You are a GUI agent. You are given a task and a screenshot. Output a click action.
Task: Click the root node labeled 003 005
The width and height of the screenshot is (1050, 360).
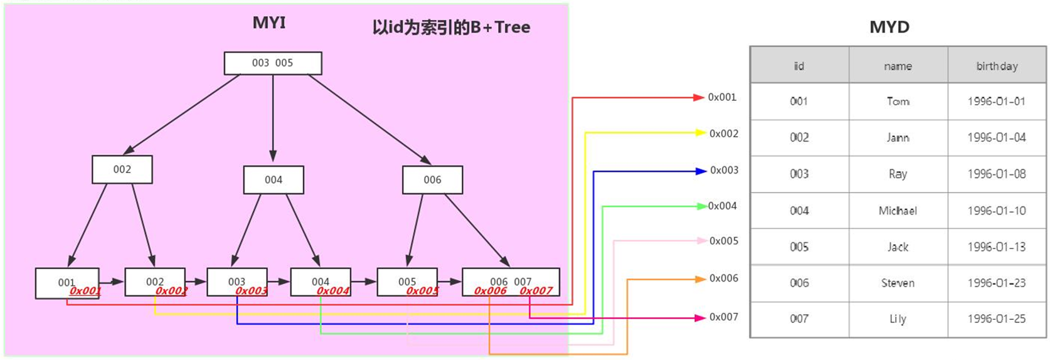pos(273,63)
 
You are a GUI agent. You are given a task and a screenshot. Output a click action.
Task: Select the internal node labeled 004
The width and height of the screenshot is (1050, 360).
pos(273,180)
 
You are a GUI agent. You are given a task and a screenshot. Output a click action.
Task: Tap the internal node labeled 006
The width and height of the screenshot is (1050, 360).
pos(432,180)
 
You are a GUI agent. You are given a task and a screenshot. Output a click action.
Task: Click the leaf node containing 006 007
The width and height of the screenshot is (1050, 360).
pos(511,282)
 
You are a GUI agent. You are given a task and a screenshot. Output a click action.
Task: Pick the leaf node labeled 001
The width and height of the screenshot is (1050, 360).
pos(67,283)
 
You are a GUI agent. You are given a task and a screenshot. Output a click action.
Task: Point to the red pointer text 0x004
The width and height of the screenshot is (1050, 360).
pos(332,291)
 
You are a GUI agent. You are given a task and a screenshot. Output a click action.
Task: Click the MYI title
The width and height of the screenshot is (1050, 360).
pos(269,23)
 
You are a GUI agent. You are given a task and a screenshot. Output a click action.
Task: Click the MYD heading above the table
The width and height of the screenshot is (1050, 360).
pos(889,27)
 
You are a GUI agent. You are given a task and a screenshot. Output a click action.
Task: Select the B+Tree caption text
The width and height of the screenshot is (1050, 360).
pos(451,28)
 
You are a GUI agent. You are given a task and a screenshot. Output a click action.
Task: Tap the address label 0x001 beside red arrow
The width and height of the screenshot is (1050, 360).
pos(722,97)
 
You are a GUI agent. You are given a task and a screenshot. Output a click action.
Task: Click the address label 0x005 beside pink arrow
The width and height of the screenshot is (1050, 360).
pos(723,241)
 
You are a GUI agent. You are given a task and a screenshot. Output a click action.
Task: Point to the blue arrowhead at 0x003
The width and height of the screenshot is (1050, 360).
pos(701,171)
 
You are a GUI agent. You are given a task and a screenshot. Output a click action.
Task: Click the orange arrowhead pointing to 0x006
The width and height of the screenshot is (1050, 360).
pos(701,279)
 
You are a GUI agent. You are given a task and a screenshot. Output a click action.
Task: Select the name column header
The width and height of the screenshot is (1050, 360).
pos(898,66)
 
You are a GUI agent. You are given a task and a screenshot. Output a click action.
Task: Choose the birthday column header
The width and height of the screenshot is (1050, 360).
pos(997,66)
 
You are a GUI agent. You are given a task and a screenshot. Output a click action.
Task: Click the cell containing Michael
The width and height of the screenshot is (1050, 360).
pos(898,211)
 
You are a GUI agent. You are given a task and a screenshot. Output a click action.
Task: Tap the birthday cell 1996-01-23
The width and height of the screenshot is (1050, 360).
pos(997,283)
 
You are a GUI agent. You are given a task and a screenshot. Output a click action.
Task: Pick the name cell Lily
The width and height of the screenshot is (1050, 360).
pos(898,319)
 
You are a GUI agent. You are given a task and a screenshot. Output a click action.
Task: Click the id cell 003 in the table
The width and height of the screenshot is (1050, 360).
pos(799,174)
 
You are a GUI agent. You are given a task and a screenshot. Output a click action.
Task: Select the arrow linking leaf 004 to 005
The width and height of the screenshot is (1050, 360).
pos(364,282)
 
